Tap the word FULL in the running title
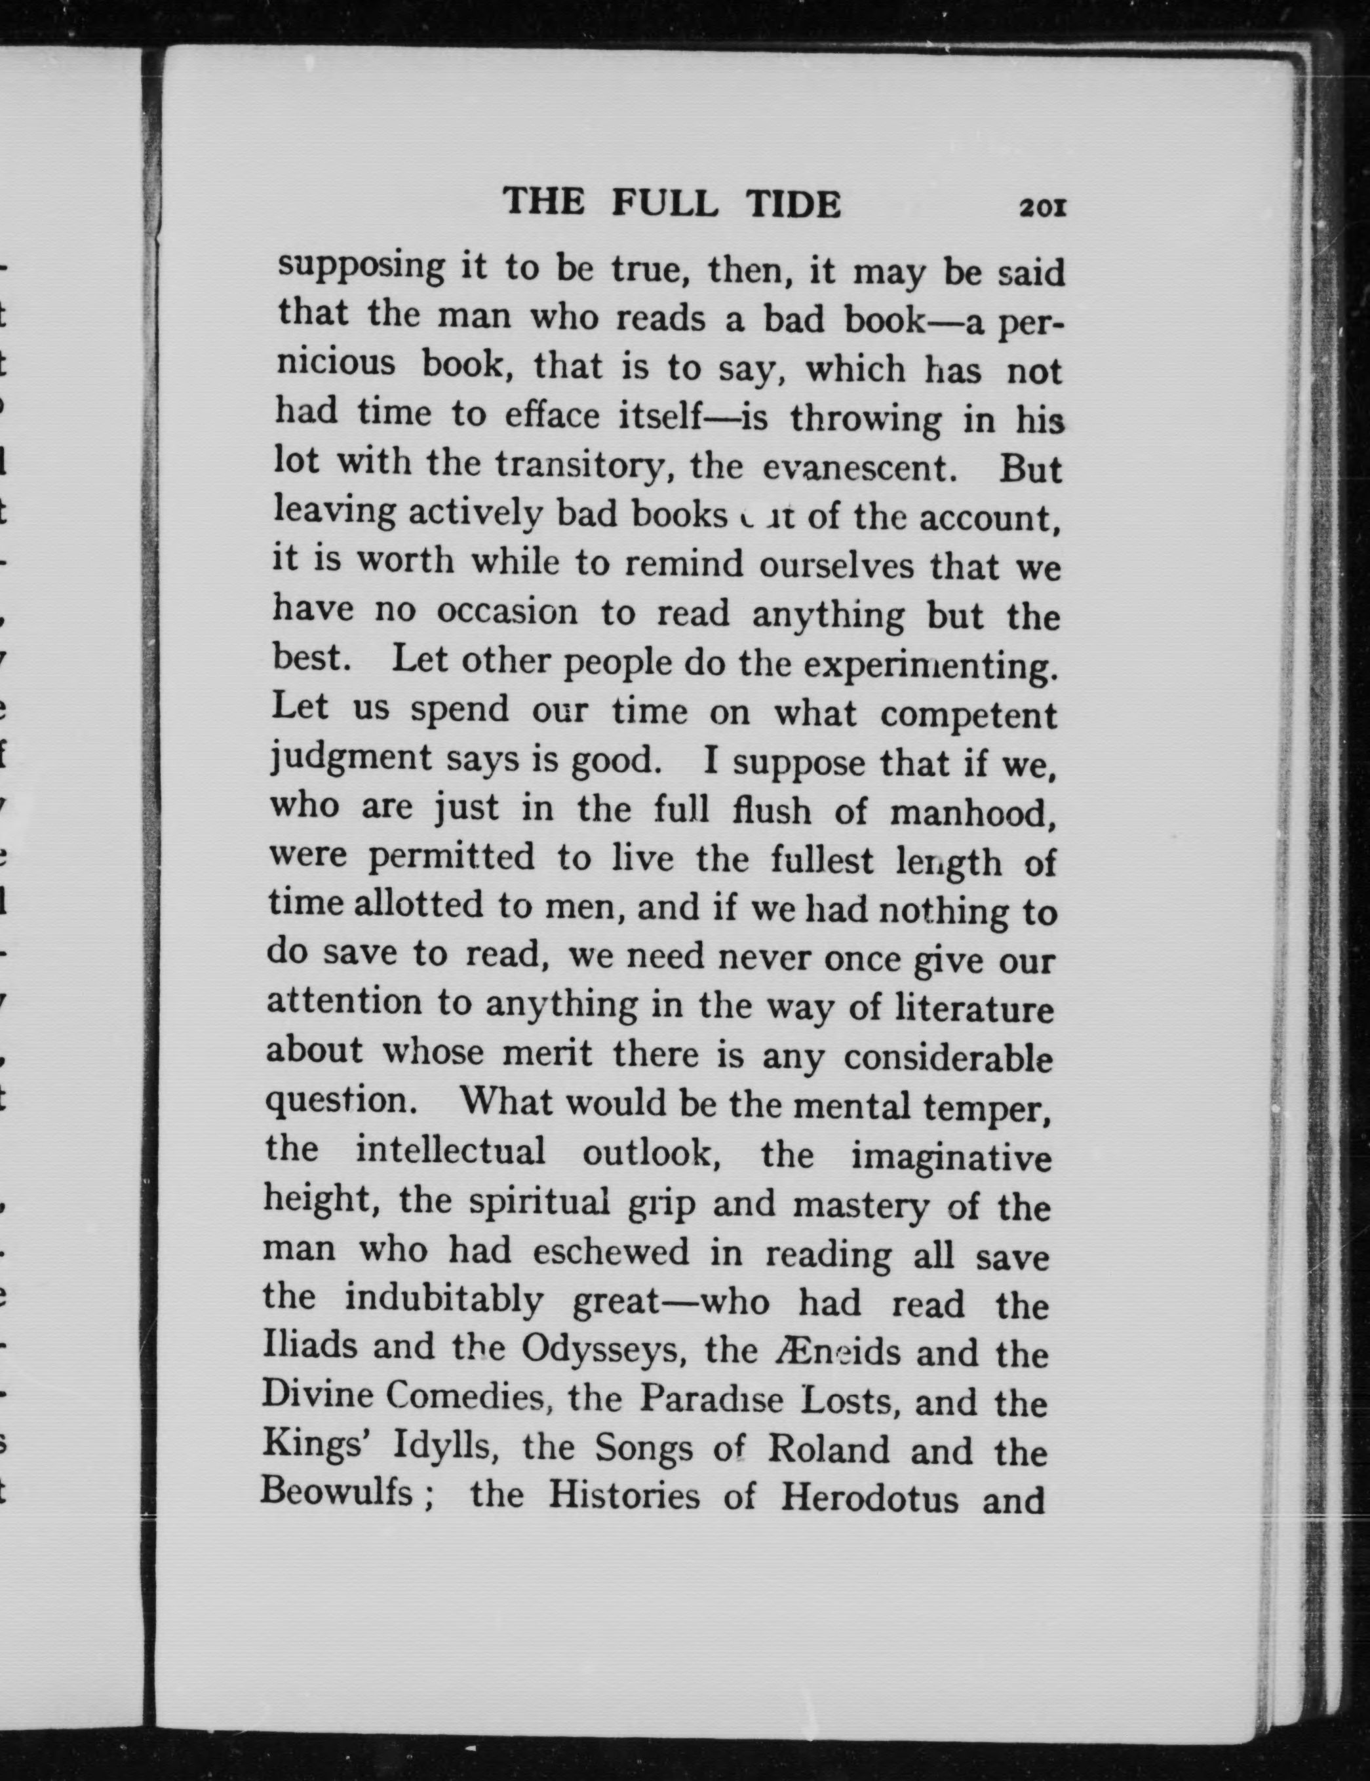pyautogui.click(x=665, y=203)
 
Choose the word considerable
pyautogui.click(x=948, y=1058)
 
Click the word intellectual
pyautogui.click(x=450, y=1152)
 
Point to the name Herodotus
pyautogui.click(x=869, y=1498)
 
